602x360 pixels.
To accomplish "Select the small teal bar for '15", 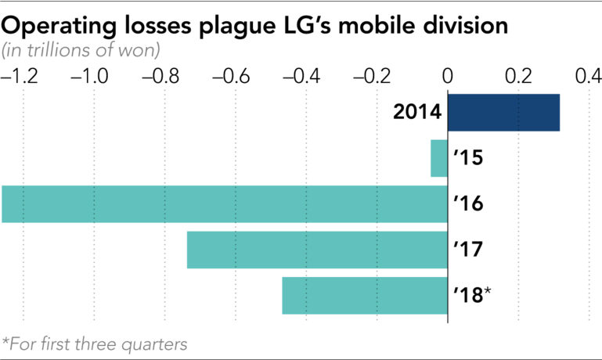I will (438, 159).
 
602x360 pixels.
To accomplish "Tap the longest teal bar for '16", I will (224, 204).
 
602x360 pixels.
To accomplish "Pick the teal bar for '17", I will (317, 250).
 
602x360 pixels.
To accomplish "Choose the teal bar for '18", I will (364, 295).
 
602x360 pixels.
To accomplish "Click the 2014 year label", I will (417, 113).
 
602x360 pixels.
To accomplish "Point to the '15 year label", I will (468, 159).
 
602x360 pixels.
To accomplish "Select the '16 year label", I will (468, 204).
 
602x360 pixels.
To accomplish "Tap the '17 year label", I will (468, 250).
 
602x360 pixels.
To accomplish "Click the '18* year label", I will (472, 294).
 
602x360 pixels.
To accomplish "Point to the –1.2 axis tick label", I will (20, 77).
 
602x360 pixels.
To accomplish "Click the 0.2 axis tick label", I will (518, 77).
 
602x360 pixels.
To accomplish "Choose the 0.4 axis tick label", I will (588, 77).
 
